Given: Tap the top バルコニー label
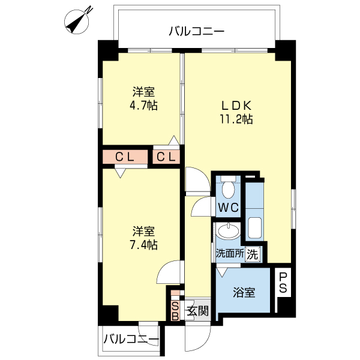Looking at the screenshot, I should pos(196,31).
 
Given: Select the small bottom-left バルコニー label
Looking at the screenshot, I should pos(131,340).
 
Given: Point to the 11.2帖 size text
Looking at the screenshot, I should pos(235,119).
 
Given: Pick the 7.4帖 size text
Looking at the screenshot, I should pos(143,245).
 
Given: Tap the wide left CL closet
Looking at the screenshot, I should pos(125,157).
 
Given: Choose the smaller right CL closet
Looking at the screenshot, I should pos(166,157).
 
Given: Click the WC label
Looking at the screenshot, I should pos(228,208).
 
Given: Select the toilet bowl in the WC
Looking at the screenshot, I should pos(228,188).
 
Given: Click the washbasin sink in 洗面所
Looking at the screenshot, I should pos(228,231).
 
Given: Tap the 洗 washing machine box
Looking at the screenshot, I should pos(253,254).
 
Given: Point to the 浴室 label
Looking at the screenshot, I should pos(244,293).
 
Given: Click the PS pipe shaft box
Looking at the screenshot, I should pos(283,283).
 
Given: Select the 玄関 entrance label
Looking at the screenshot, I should pos(197,311).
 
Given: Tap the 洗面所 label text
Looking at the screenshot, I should pos(230,254).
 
